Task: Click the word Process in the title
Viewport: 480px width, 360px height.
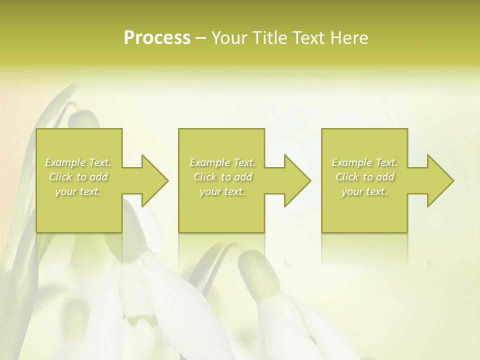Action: click(x=157, y=38)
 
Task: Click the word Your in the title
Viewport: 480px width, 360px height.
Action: click(x=229, y=38)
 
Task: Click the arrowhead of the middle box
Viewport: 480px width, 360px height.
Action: click(x=296, y=180)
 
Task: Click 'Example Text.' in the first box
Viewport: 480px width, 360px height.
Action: click(x=78, y=162)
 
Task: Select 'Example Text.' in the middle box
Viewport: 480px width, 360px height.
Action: click(x=222, y=162)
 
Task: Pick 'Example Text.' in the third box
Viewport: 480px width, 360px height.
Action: click(x=364, y=162)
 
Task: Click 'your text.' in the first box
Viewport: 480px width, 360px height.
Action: click(x=78, y=191)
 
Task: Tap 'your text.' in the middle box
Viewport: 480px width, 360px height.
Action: click(x=222, y=191)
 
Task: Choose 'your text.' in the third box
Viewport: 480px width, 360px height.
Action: click(x=364, y=191)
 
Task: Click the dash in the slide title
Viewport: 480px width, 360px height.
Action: click(x=200, y=38)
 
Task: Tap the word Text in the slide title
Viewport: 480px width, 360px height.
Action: click(x=305, y=38)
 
